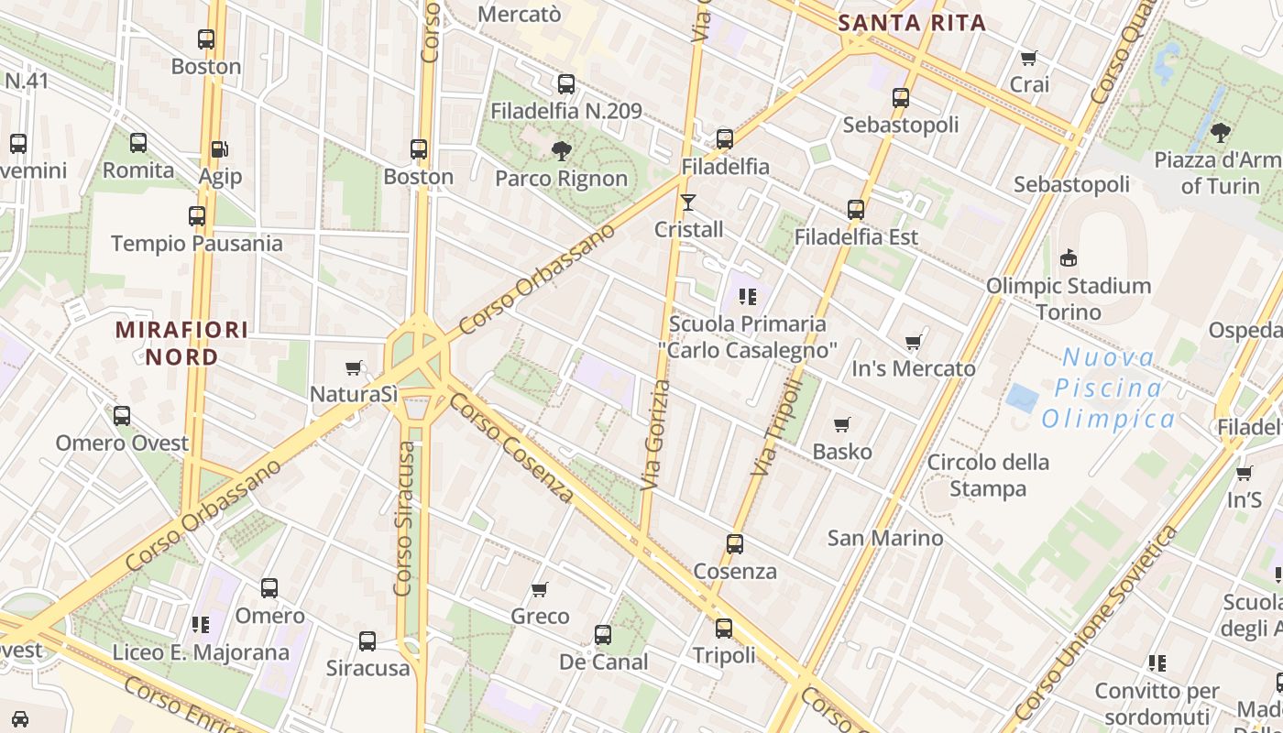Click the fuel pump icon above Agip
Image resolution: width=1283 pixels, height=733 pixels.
tap(219, 149)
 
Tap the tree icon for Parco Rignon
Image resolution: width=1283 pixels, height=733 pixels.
tap(561, 151)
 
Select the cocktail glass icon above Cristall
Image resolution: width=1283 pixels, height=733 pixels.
tap(688, 202)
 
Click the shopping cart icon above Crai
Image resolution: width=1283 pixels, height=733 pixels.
tap(1028, 59)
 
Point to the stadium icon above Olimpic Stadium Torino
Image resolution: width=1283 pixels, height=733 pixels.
tap(1068, 258)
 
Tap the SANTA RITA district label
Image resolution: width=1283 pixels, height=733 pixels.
tap(912, 24)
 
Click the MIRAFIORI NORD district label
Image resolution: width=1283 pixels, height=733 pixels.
tap(181, 343)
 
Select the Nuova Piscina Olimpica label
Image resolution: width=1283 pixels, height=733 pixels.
tap(1109, 388)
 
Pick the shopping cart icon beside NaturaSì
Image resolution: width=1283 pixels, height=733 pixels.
tap(354, 368)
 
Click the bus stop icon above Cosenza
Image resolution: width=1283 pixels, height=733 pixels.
tap(734, 544)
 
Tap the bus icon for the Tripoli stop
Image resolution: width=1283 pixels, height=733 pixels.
tap(723, 629)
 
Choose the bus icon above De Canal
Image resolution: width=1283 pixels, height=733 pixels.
tap(602, 635)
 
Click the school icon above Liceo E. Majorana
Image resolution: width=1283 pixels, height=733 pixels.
tap(201, 625)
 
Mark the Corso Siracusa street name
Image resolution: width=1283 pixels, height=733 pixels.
tap(404, 518)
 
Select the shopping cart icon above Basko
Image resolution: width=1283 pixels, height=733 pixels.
tap(842, 424)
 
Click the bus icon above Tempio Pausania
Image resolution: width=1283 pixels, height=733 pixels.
tap(197, 216)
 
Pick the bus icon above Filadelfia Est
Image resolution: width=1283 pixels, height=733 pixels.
tap(856, 210)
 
